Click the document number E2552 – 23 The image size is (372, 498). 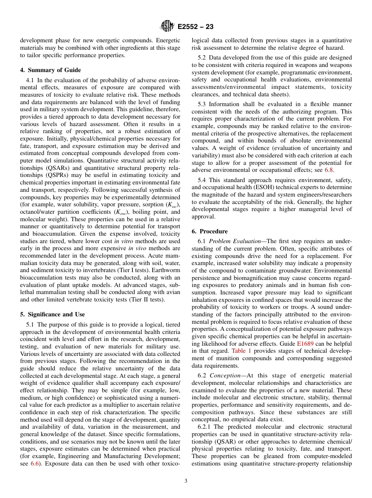coord(195,27)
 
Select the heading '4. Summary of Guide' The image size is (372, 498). coord(51,70)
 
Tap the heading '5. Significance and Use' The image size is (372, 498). coord(52,314)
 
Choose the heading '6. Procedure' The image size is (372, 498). coord(209,231)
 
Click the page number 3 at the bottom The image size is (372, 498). coord(186,481)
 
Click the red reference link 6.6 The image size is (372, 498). coord(35,464)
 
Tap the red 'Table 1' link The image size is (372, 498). coord(241,351)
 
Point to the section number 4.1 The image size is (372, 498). coord(31,80)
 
